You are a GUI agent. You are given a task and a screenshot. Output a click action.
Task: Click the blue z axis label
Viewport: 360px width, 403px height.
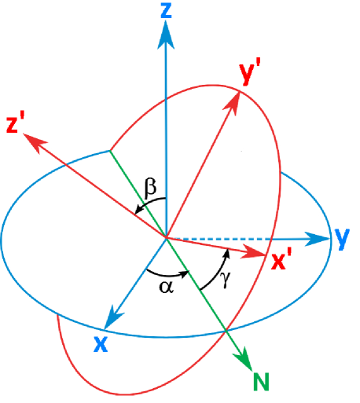pyautogui.click(x=165, y=10)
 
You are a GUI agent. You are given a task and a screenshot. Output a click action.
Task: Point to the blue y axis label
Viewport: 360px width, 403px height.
pyautogui.click(x=341, y=238)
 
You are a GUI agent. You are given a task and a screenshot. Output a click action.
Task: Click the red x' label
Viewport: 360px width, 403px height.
pyautogui.click(x=281, y=262)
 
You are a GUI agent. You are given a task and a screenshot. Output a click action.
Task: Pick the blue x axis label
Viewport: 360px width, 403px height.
pyautogui.click(x=101, y=344)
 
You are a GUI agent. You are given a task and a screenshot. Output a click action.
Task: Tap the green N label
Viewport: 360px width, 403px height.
pyautogui.click(x=261, y=382)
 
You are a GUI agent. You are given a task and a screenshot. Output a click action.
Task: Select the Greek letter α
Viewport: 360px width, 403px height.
pyautogui.click(x=165, y=287)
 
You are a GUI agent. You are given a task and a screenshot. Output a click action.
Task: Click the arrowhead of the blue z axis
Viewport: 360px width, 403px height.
pyautogui.click(x=165, y=33)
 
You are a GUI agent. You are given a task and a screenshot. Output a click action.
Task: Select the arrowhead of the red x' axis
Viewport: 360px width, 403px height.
pyautogui.click(x=255, y=253)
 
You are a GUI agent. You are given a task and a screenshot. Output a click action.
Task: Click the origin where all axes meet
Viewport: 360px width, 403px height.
pyautogui.click(x=165, y=237)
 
